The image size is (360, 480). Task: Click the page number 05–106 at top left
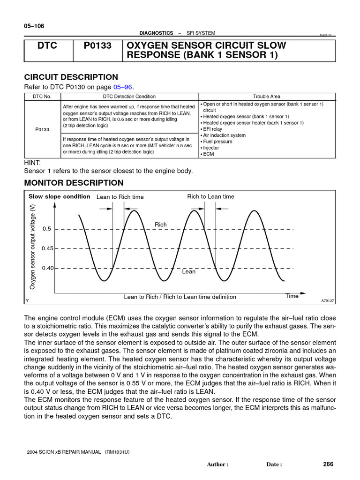pyautogui.click(x=34, y=26)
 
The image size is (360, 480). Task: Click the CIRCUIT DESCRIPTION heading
pyautogui.click(x=71, y=77)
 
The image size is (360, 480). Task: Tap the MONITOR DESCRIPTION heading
pyautogui.click(x=74, y=183)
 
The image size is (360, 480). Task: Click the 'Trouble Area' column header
pyautogui.click(x=267, y=97)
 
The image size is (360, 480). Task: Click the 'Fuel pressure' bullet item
pyautogui.click(x=217, y=141)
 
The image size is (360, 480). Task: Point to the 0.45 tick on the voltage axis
pyautogui.click(x=47, y=248)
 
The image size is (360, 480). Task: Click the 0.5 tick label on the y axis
pyautogui.click(x=46, y=229)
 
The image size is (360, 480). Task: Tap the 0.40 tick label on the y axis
pyautogui.click(x=47, y=268)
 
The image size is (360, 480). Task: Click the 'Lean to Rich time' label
pyautogui.click(x=120, y=197)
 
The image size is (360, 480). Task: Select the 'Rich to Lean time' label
pyautogui.click(x=210, y=196)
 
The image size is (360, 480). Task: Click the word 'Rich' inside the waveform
pyautogui.click(x=161, y=225)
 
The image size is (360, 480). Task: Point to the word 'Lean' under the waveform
pyautogui.click(x=188, y=271)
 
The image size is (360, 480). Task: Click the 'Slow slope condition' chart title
pyautogui.click(x=59, y=196)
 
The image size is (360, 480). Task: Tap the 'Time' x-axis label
pyautogui.click(x=292, y=296)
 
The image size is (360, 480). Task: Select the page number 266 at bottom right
pyautogui.click(x=328, y=464)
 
